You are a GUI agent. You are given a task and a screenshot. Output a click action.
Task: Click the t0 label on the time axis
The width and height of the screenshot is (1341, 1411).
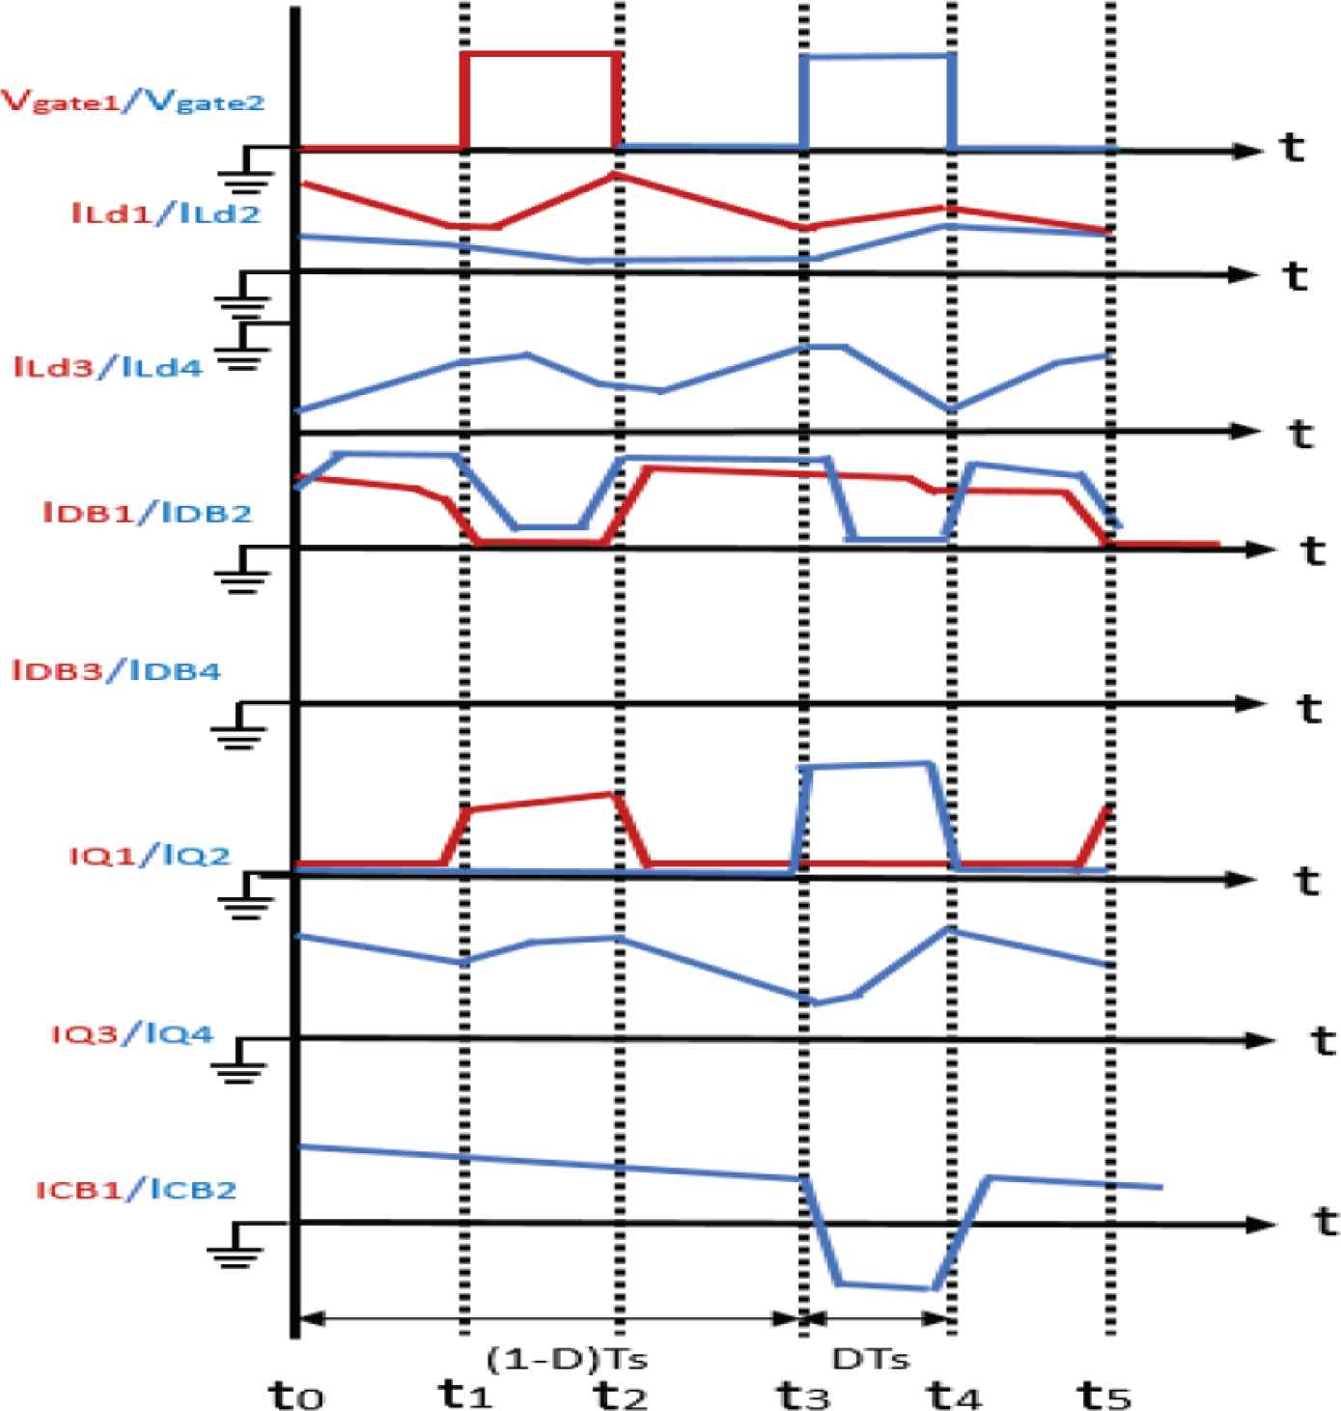click(x=295, y=1395)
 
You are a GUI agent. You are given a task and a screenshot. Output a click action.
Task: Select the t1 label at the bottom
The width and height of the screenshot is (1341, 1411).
click(x=466, y=1395)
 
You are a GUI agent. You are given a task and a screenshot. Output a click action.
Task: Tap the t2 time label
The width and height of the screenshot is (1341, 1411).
click(x=619, y=1395)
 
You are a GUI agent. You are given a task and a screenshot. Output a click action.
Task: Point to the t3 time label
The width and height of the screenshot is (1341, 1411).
click(x=802, y=1395)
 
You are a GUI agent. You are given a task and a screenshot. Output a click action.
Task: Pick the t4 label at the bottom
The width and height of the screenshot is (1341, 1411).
click(x=953, y=1395)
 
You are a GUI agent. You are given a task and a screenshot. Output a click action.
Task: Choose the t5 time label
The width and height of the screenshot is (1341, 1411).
click(x=1104, y=1395)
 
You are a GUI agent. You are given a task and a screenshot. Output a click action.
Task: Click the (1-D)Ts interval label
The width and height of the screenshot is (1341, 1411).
click(x=567, y=1359)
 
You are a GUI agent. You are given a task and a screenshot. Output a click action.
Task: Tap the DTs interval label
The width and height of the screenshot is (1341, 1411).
click(x=871, y=1359)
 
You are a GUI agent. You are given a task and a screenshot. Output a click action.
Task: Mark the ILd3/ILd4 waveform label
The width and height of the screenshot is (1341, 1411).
click(x=109, y=367)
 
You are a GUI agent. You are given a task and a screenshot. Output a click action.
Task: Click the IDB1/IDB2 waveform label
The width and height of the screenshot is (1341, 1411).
click(x=147, y=512)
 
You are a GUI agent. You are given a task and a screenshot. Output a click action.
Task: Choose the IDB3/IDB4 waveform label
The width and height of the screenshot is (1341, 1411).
click(x=117, y=669)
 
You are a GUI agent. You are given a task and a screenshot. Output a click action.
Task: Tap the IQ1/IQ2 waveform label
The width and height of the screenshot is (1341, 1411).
click(x=150, y=855)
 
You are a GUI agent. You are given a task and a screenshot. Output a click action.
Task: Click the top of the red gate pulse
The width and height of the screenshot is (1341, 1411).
click(x=541, y=54)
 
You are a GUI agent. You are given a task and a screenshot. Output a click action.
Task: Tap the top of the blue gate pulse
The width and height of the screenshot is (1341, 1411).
click(x=878, y=56)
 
